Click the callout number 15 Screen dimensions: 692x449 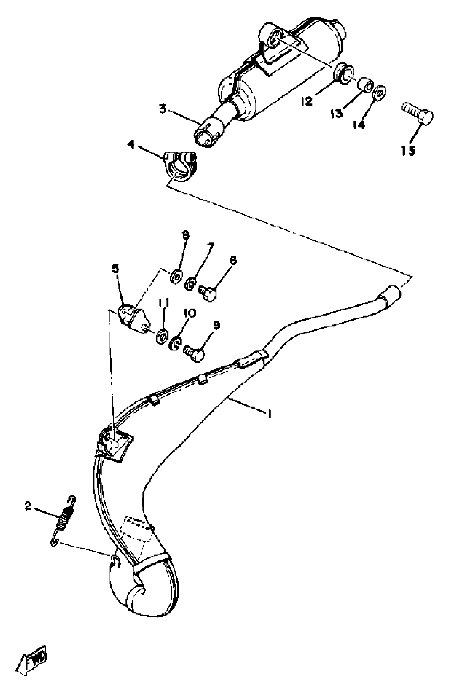(x=408, y=151)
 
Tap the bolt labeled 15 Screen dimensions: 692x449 (x=418, y=113)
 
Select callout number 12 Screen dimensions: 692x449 (x=307, y=101)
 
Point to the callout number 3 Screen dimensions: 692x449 (x=163, y=110)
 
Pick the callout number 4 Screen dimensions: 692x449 (x=132, y=144)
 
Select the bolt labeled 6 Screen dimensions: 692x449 (x=207, y=293)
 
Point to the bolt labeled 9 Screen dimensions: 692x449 (x=193, y=353)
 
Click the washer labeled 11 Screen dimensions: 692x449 (x=161, y=336)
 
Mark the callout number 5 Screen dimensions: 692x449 (x=116, y=268)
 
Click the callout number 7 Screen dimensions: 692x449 (x=210, y=247)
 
